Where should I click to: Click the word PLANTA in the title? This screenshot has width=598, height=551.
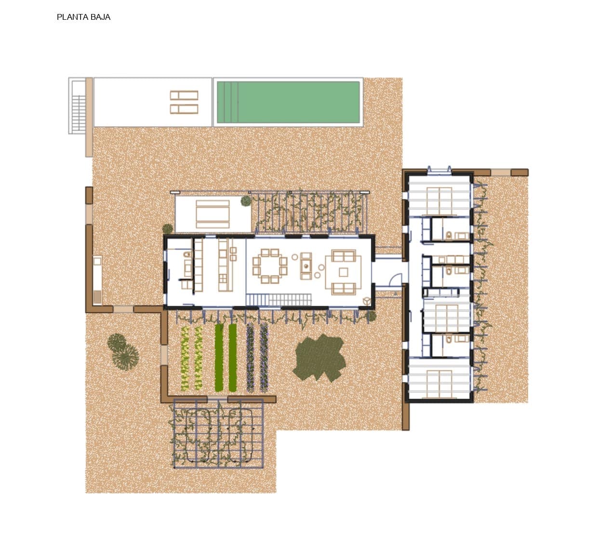(x=70, y=17)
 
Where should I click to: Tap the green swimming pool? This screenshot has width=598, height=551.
(x=288, y=102)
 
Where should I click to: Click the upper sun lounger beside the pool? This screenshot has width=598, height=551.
(x=184, y=96)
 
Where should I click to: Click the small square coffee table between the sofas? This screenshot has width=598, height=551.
(x=343, y=272)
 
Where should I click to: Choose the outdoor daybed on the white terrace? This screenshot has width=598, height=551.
(x=213, y=214)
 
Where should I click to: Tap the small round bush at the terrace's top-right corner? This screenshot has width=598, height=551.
(x=246, y=201)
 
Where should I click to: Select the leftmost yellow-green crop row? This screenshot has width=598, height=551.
(x=185, y=358)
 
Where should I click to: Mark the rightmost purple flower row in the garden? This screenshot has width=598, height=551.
(x=264, y=357)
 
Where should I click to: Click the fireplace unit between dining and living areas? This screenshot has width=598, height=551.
(x=306, y=266)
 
